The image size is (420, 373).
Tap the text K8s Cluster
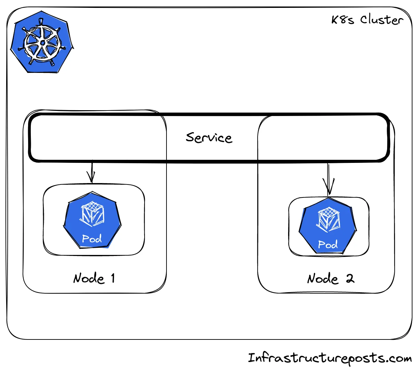367,20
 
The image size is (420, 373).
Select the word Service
209,138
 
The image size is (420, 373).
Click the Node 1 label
94,278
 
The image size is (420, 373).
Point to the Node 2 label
330,279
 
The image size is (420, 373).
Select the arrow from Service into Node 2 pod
329,179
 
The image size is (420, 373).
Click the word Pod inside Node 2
328,244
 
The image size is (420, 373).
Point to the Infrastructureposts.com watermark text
330,358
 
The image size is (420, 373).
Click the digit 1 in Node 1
113,278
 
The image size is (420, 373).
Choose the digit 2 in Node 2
350,279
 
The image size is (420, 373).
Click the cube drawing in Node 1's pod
92,214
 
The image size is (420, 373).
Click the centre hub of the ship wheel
42,43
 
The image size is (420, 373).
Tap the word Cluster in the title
381,20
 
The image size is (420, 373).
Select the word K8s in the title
343,20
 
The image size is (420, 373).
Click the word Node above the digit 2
323,279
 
